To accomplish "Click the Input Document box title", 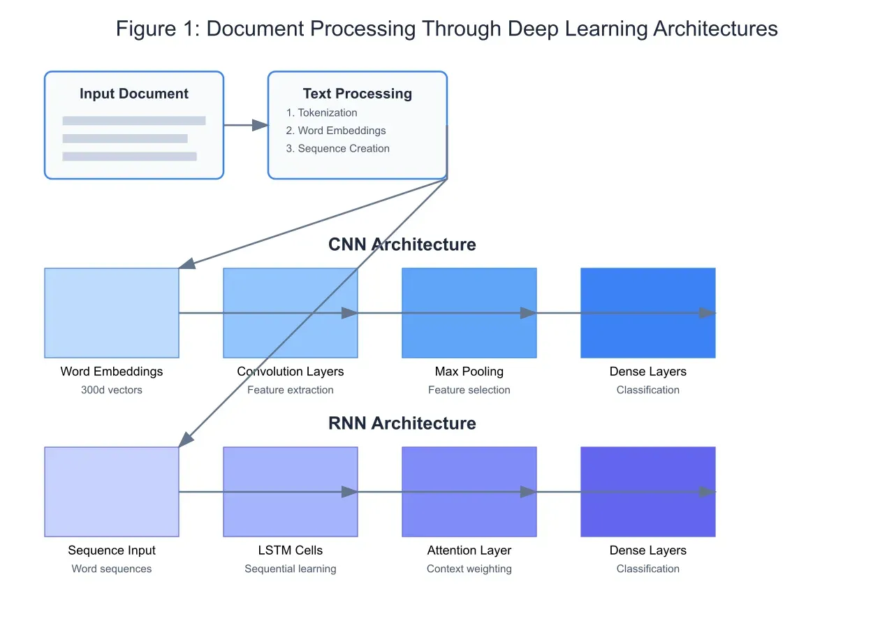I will [134, 94].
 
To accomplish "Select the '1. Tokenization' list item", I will [321, 112].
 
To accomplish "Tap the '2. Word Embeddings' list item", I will [335, 131].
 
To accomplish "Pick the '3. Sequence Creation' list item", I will [337, 148].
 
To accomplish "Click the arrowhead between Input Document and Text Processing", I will [260, 125].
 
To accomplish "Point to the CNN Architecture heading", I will [402, 245].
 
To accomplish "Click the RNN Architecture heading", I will [402, 423].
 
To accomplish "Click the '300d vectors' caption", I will [112, 390].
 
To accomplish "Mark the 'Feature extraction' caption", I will [291, 390].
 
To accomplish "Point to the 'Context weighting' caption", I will [469, 569].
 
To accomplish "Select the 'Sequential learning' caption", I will [291, 569].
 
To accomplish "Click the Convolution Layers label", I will [291, 372].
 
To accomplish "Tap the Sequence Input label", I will [112, 551].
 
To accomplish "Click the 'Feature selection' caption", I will [469, 390].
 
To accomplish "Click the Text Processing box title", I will [358, 94].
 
